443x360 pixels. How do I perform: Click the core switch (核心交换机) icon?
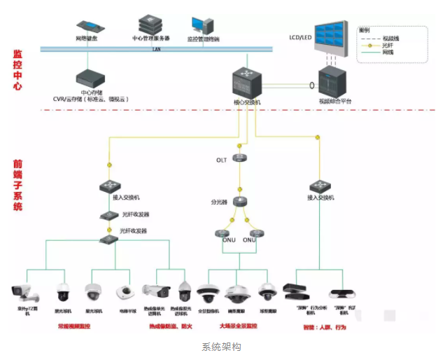[x=246, y=83]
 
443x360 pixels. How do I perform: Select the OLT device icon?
[x=240, y=158]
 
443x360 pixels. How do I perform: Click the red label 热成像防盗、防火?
[x=166, y=326]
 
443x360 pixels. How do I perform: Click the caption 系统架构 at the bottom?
[x=221, y=347]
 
